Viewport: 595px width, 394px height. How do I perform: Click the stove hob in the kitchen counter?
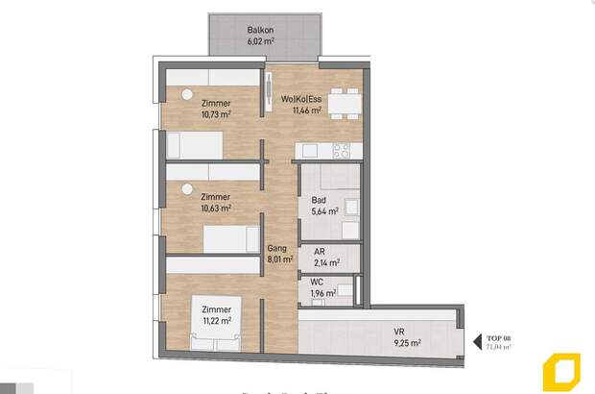[341, 150]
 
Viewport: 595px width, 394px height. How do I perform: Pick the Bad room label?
[318, 200]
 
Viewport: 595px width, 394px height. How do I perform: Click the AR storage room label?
[320, 252]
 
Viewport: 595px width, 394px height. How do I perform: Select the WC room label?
[317, 283]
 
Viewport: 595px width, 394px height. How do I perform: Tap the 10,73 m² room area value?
[216, 113]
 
